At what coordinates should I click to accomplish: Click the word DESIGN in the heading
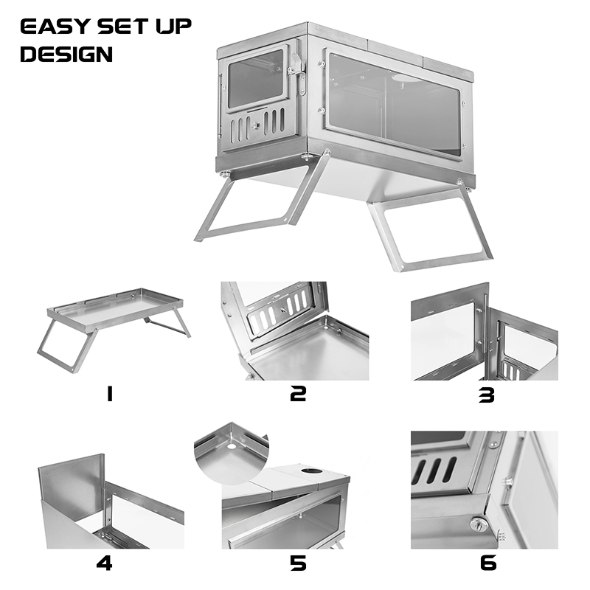coord(66,54)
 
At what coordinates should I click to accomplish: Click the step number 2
coord(298,395)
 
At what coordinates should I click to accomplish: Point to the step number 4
coord(104,564)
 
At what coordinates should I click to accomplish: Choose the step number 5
coord(298,564)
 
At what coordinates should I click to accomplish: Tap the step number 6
coord(488,564)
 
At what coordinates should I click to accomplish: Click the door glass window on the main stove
coord(255,77)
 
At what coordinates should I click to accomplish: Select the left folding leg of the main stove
coord(251,203)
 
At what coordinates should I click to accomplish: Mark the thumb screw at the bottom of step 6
coord(477,524)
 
